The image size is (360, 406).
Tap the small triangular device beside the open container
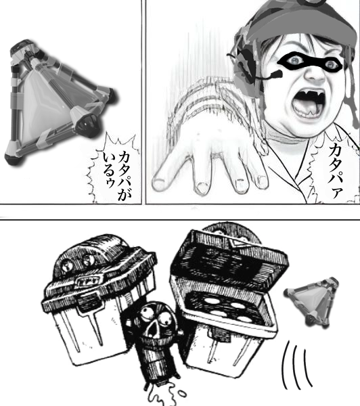(x=312, y=300)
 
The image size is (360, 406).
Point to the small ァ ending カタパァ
(x=337, y=193)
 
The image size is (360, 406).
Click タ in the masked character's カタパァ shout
(x=336, y=163)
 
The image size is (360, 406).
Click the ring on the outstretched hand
(x=215, y=156)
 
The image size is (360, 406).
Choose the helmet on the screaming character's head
(x=298, y=23)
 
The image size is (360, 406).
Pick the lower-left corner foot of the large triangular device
(x=14, y=158)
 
